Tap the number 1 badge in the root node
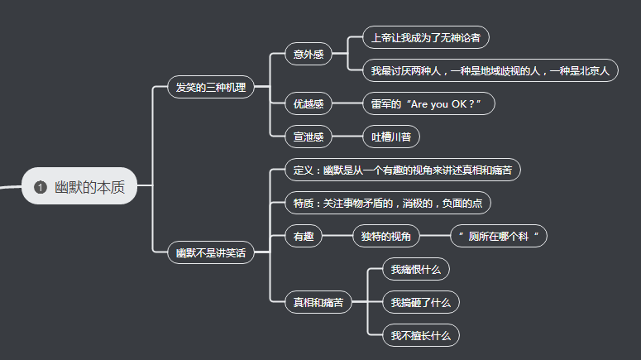click(x=40, y=187)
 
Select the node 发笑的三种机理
click(x=211, y=86)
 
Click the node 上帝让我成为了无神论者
click(x=425, y=37)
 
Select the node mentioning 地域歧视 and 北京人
click(x=490, y=71)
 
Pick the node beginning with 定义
click(x=403, y=170)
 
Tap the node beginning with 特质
click(x=388, y=203)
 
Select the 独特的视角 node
click(x=385, y=236)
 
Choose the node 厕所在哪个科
click(x=498, y=236)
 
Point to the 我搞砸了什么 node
click(x=420, y=302)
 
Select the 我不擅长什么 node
click(x=420, y=335)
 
